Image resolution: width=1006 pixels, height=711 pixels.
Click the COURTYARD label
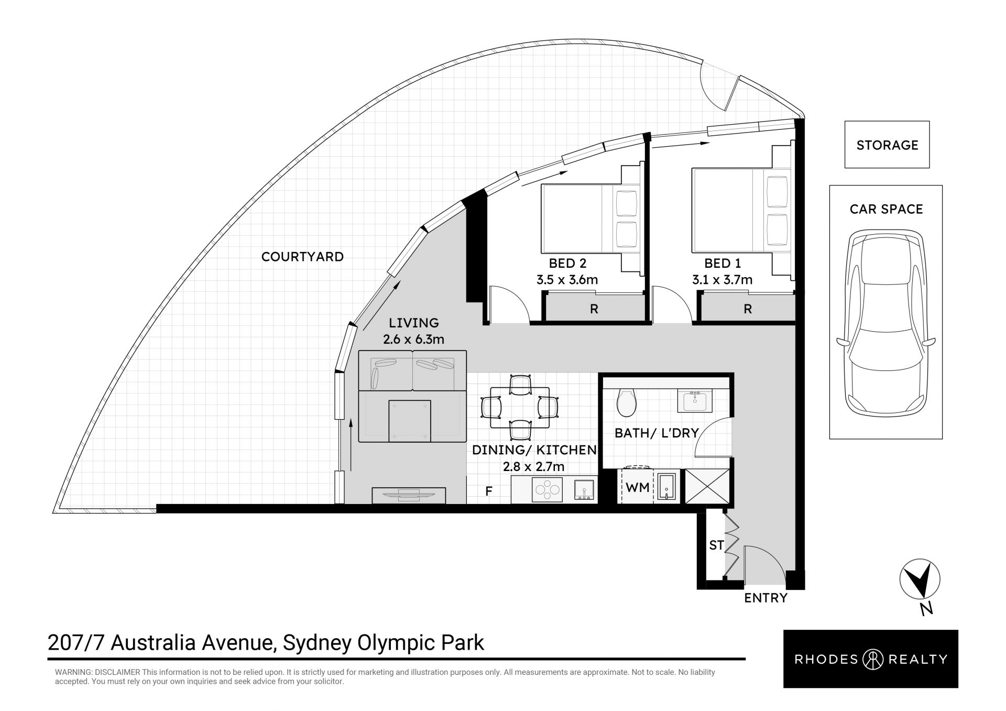click(302, 257)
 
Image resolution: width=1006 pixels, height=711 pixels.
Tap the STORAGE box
click(887, 145)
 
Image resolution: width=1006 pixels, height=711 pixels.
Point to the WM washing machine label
click(638, 487)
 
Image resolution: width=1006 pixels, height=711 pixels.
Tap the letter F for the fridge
click(489, 491)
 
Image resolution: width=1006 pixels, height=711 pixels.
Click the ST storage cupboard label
click(716, 545)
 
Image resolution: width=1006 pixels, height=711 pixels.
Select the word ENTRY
click(766, 598)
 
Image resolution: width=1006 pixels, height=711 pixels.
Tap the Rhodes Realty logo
click(870, 659)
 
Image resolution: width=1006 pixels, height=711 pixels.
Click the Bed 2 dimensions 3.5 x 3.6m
click(567, 280)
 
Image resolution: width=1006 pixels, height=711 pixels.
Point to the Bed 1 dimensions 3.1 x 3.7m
click(722, 280)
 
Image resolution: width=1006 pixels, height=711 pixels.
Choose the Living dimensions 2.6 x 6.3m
click(413, 340)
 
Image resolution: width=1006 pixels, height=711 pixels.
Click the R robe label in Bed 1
click(748, 309)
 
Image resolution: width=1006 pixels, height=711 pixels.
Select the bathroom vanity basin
click(695, 401)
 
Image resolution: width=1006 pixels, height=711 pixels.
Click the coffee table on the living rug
click(410, 421)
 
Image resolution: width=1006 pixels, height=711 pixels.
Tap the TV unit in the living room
click(409, 495)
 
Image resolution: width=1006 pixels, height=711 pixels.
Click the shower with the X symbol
click(706, 486)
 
